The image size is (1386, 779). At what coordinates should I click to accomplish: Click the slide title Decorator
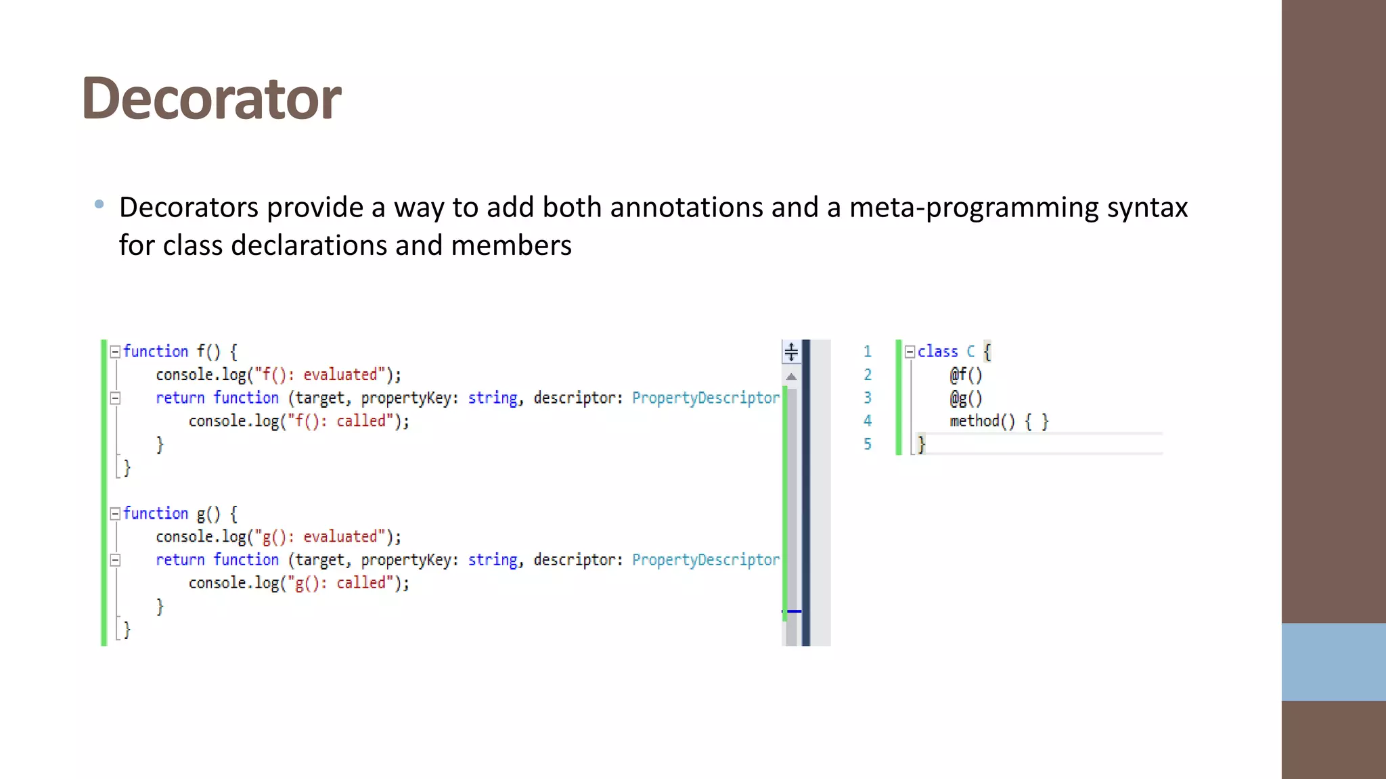pyautogui.click(x=211, y=99)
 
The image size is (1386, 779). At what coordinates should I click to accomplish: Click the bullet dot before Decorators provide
pyautogui.click(x=99, y=204)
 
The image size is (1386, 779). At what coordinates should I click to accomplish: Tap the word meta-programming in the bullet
pyautogui.click(x=974, y=208)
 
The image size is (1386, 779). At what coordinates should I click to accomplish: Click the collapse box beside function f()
pyautogui.click(x=115, y=352)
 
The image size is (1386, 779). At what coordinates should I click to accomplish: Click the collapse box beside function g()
pyautogui.click(x=115, y=514)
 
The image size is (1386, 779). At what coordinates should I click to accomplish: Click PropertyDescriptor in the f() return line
pyautogui.click(x=705, y=398)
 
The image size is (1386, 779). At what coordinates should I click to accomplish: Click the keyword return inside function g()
pyautogui.click(x=180, y=560)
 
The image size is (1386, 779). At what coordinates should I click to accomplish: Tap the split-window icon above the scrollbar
pyautogui.click(x=791, y=352)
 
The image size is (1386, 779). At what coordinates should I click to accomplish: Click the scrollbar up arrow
pyautogui.click(x=791, y=377)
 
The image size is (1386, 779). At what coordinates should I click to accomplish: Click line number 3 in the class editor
pyautogui.click(x=868, y=398)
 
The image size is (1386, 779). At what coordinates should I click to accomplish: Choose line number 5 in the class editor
pyautogui.click(x=868, y=444)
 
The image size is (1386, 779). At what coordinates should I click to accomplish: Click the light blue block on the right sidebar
pyautogui.click(x=1333, y=662)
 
